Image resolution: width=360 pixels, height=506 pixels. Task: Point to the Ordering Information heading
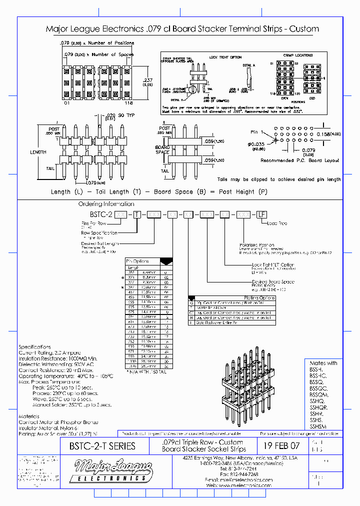click(x=106, y=204)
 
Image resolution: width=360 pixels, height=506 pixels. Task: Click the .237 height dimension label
click(x=147, y=80)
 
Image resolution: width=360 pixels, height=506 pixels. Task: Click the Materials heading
click(x=29, y=416)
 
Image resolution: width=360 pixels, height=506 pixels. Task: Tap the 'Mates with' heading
click(x=323, y=362)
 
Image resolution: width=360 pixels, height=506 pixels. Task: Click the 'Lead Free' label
click(x=277, y=223)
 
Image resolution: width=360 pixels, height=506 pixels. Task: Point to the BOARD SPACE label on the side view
click(x=163, y=150)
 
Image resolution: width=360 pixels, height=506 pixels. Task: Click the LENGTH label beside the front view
click(x=37, y=152)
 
